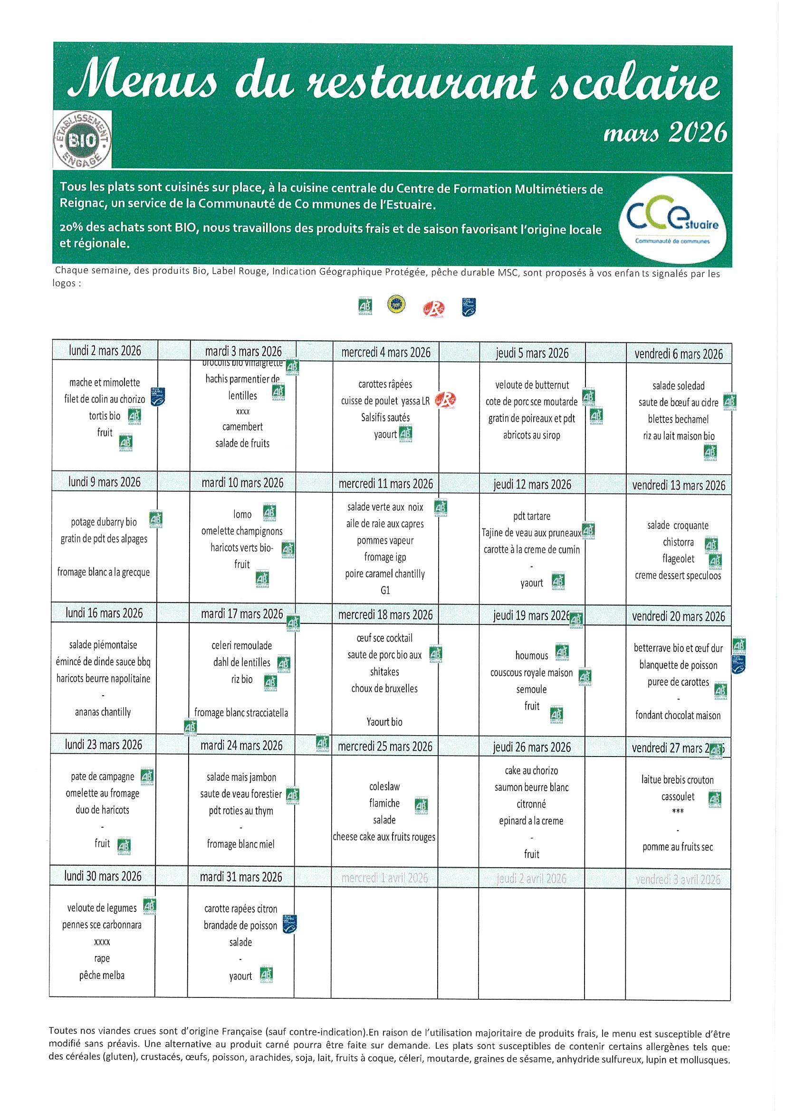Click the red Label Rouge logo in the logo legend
pos(433,308)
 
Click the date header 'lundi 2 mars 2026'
pos(105,351)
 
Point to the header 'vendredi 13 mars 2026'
pos(679,485)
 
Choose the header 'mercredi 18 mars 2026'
pos(385,615)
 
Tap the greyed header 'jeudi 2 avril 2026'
pos(531,879)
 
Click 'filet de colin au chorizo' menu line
pos(105,399)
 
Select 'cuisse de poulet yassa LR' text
pos(385,401)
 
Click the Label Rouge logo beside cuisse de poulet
pos(445,400)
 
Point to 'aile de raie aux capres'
pos(385,524)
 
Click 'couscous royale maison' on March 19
pos(531,673)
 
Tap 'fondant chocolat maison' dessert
pos(678,716)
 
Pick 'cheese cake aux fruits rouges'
pos(384,837)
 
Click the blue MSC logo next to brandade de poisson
pos(289,924)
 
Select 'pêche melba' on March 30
pos(102,976)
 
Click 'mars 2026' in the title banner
pos(665,133)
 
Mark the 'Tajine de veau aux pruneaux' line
pos(531,533)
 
